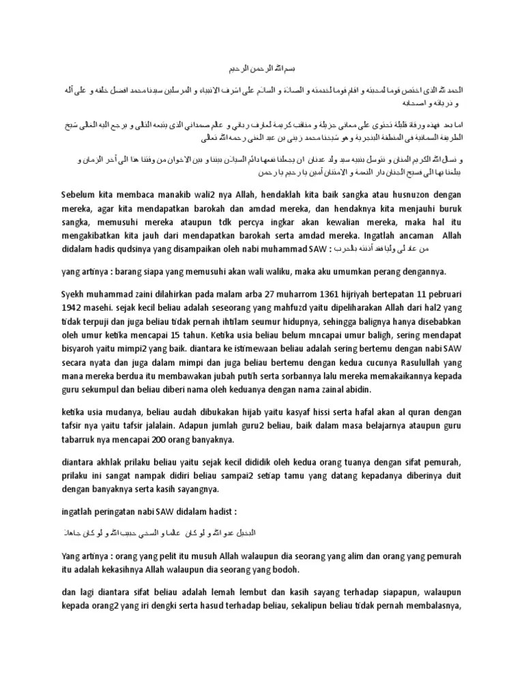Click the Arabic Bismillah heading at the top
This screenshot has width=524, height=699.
click(x=262, y=69)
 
